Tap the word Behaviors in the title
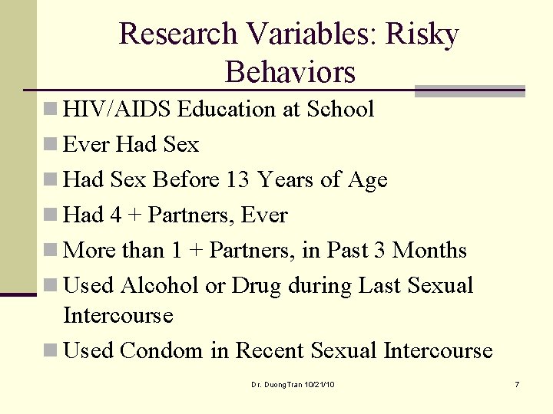tap(290, 72)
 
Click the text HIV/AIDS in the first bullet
tap(117, 109)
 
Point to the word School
tap(340, 109)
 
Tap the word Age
tap(367, 179)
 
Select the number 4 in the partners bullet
tap(115, 215)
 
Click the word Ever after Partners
tap(264, 215)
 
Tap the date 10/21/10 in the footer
tap(320, 383)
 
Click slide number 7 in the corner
tap(517, 383)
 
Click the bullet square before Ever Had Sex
tap(50, 145)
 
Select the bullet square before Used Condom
tap(50, 351)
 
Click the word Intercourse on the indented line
tap(118, 315)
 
